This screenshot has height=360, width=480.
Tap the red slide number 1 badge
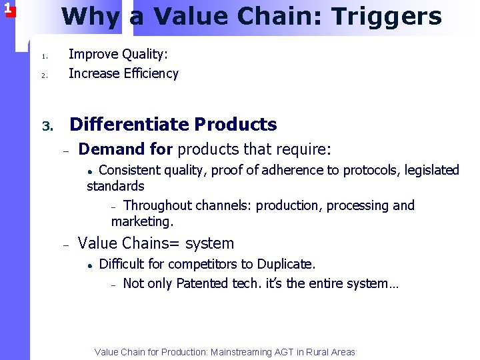tap(7, 9)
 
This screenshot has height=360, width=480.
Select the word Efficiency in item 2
tap(151, 73)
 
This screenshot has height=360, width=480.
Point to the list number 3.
tap(47, 126)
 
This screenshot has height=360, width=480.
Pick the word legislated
tap(429, 171)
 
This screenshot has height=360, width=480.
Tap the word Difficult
tap(123, 264)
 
